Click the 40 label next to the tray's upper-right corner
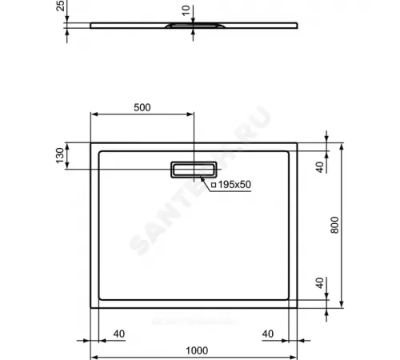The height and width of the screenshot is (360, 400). [320, 166]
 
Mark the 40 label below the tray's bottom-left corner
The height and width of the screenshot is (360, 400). [119, 334]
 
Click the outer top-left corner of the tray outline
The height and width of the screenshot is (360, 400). [89, 143]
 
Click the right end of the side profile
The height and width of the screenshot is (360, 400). [297, 24]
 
